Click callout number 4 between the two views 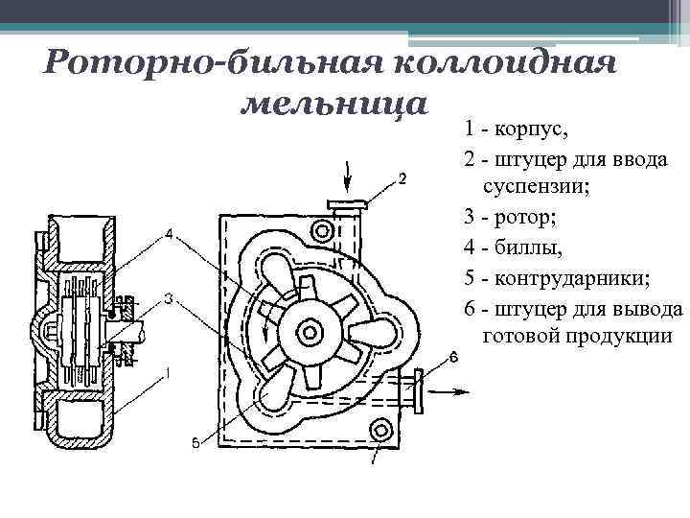click(x=168, y=234)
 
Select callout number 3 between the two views click(x=168, y=299)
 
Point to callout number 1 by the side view click(x=168, y=372)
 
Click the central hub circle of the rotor click(x=309, y=331)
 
